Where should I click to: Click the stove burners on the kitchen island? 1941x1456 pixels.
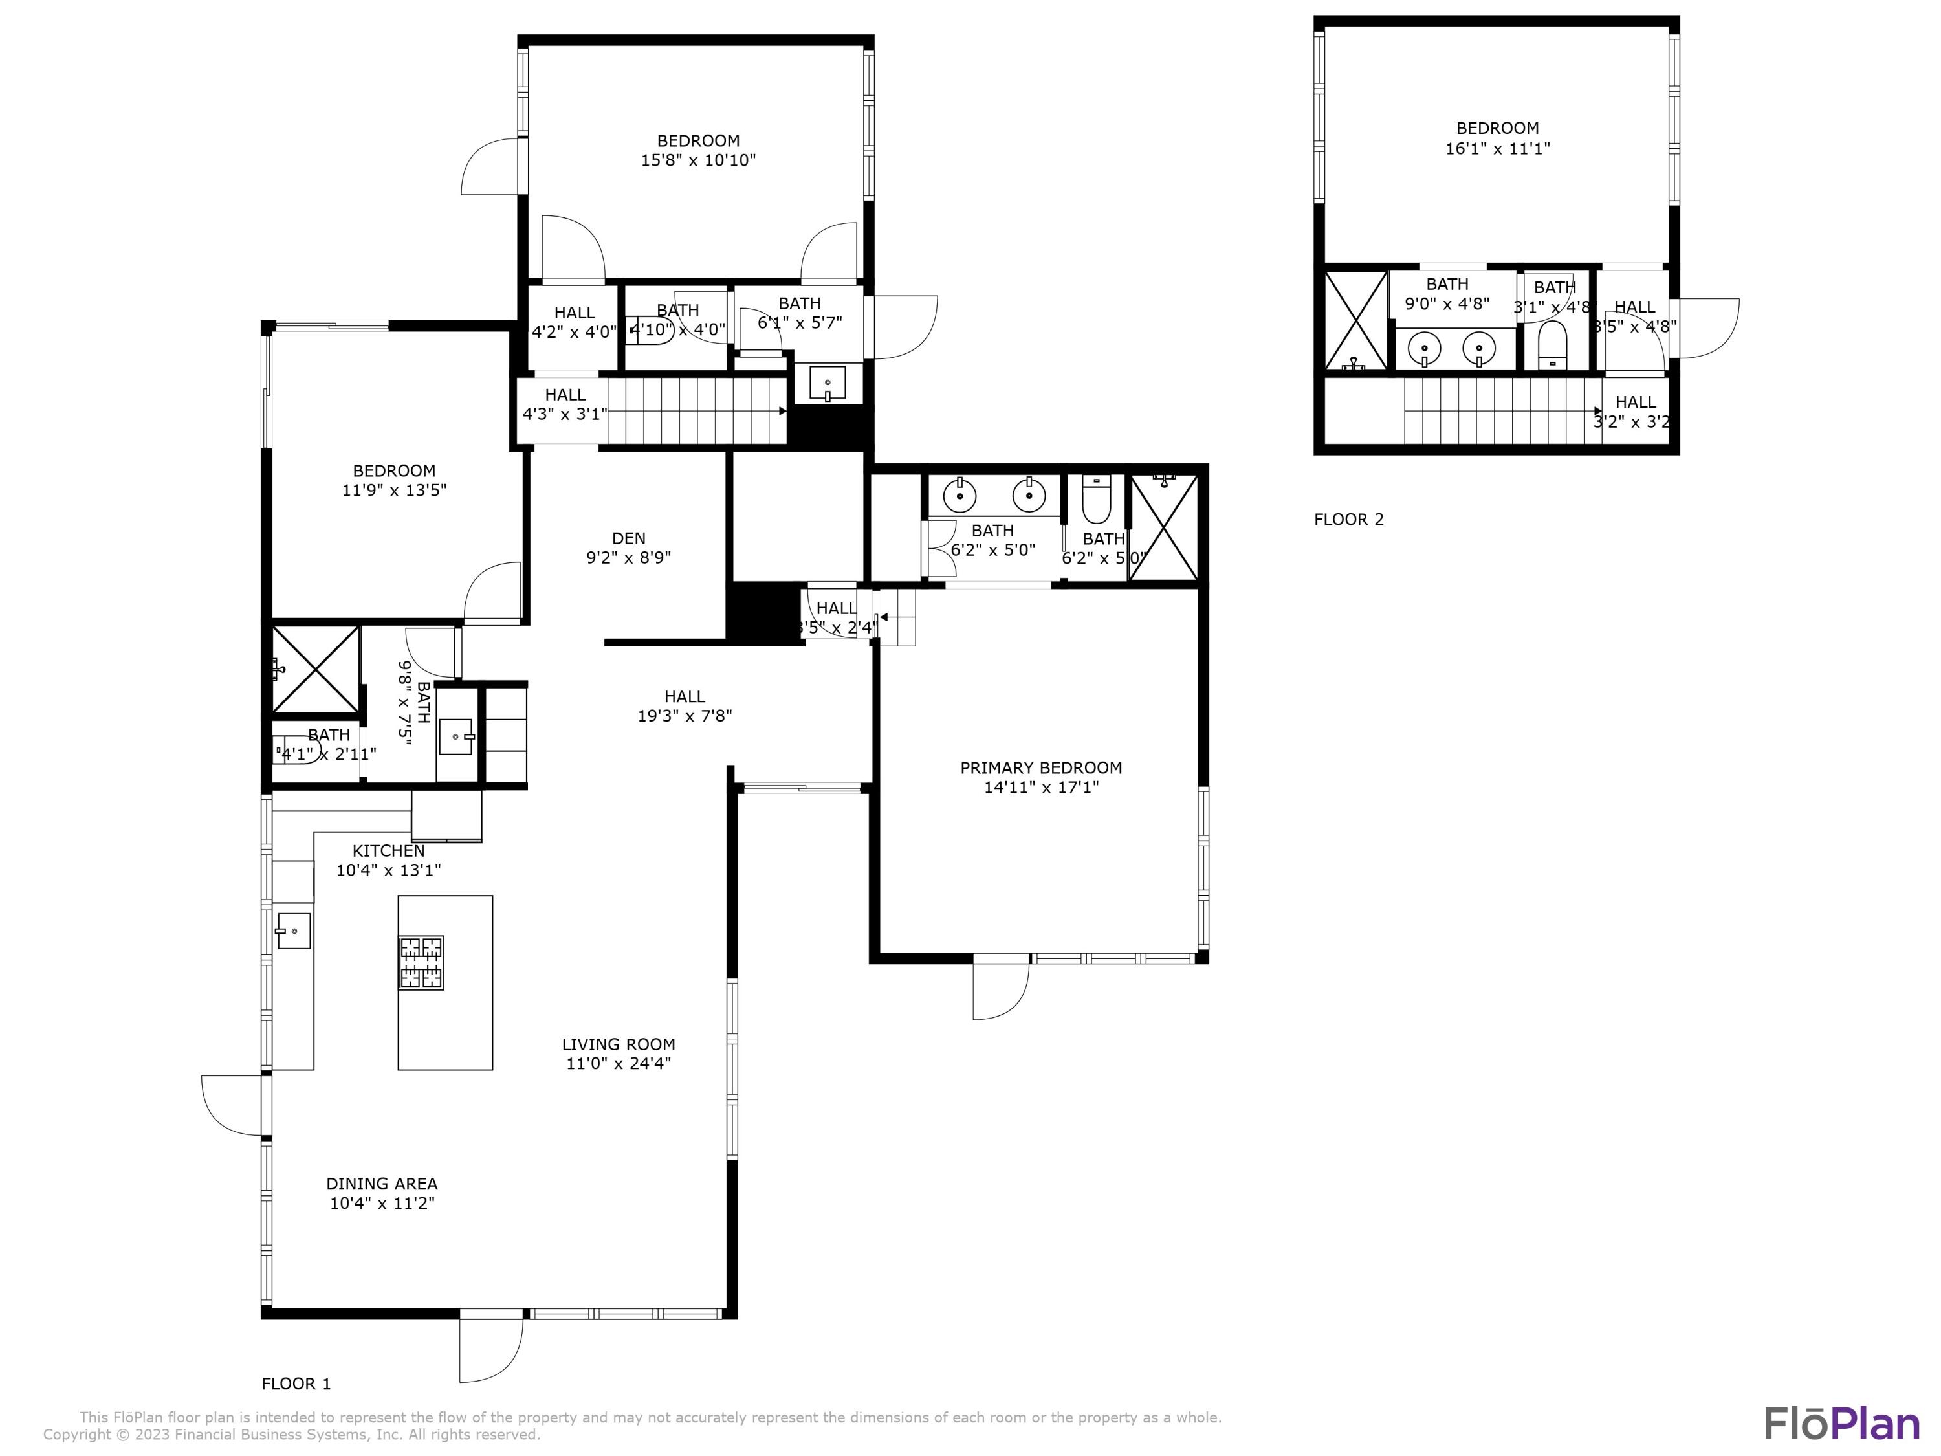[421, 963]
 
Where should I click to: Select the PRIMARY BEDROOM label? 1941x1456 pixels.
[1040, 768]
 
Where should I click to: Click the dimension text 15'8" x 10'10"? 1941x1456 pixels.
[697, 160]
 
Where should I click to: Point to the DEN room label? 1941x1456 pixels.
[628, 538]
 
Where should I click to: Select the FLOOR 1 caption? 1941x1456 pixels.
[296, 1384]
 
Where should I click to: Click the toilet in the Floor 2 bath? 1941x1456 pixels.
[1552, 346]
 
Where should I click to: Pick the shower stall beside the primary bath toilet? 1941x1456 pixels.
[1163, 527]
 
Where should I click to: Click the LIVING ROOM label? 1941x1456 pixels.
[618, 1044]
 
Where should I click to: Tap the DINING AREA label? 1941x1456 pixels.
[381, 1184]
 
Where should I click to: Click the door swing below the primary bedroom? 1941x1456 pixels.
[1000, 991]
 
